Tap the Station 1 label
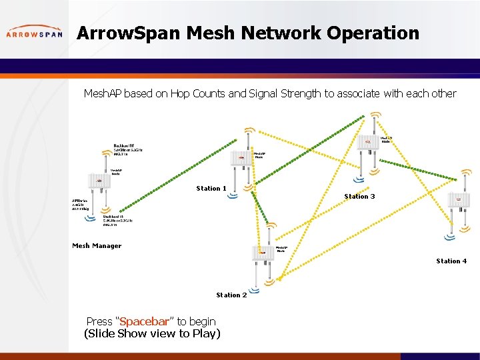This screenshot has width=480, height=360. pos(211,189)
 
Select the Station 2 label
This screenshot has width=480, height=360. pos(231,295)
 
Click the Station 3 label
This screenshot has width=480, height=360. pos(359,197)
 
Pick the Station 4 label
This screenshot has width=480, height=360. pos(451,261)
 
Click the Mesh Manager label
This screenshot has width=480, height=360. pos(97,246)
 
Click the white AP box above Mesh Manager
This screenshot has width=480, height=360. pos(99,181)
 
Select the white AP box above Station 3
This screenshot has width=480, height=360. pos(367,143)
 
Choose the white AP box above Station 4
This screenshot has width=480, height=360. pos(459,201)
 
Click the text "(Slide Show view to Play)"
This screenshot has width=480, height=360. pos(152,333)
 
